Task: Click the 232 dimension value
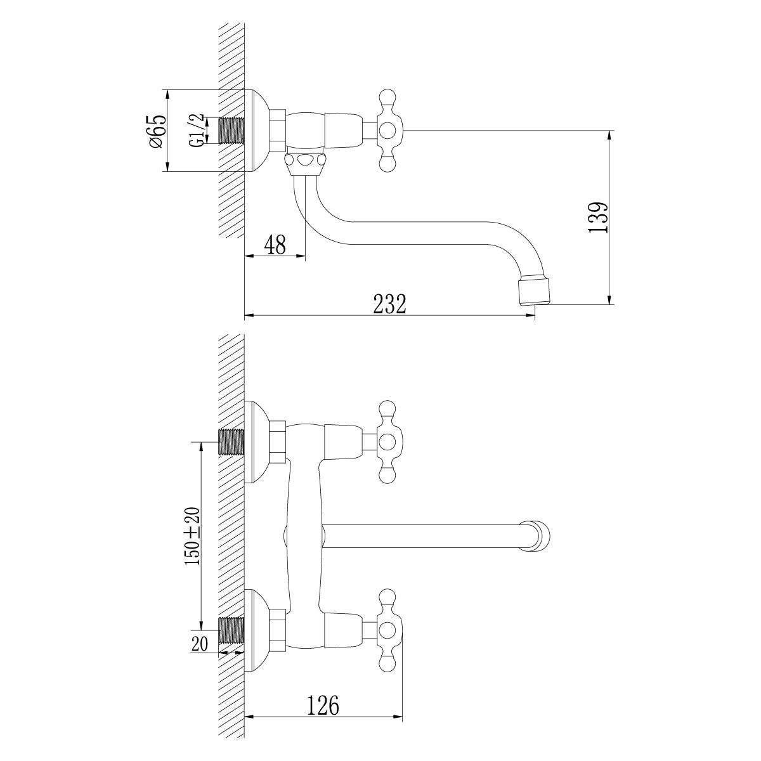click(x=389, y=304)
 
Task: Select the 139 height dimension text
click(x=598, y=218)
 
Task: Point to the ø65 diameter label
click(x=157, y=131)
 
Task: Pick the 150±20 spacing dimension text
click(x=192, y=536)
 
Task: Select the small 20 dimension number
click(x=200, y=644)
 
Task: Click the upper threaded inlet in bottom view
click(x=231, y=442)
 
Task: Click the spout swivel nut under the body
click(x=306, y=164)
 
